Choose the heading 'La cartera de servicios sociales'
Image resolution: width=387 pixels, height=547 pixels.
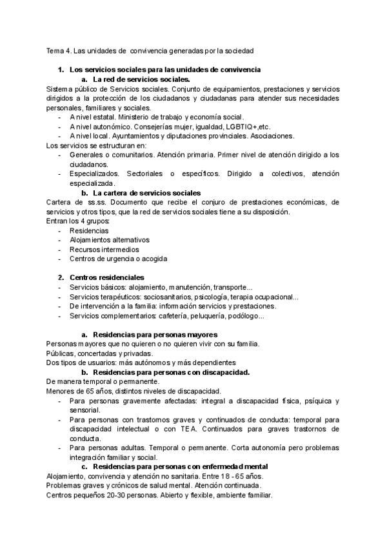coord(147,193)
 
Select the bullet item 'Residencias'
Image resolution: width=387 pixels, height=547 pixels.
coord(89,230)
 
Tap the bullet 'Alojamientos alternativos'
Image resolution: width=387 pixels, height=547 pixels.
coord(113,240)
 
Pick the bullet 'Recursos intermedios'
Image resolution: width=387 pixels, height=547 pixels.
coord(104,250)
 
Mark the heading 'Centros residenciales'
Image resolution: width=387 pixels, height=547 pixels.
coord(106,278)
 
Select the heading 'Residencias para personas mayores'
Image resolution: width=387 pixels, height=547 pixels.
coord(155,335)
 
